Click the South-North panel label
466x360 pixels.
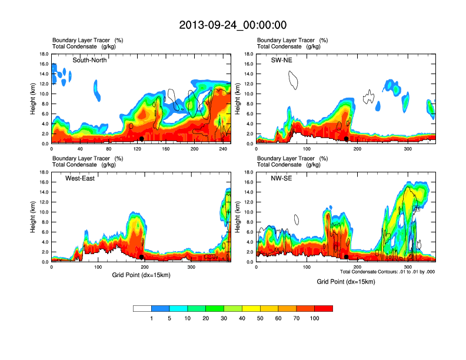tap(89, 60)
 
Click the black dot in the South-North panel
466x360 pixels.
tap(141, 139)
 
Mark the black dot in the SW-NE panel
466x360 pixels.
tap(347, 139)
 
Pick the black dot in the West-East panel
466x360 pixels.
tap(141, 257)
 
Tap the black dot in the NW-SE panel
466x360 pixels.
tap(347, 257)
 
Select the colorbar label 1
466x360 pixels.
tap(151, 318)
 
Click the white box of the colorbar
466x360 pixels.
tap(142, 308)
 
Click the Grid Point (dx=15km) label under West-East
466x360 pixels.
tap(141, 275)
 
